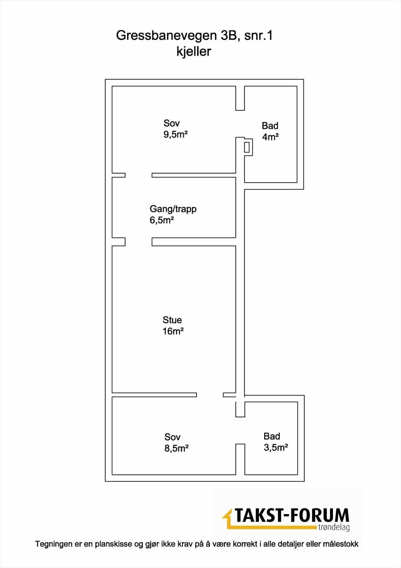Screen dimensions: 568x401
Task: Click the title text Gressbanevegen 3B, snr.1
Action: click(194, 35)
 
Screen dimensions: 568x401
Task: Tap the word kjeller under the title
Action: click(194, 51)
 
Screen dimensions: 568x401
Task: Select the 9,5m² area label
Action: click(176, 135)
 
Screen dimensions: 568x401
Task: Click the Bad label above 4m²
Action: click(270, 126)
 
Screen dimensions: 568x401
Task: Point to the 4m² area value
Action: click(270, 137)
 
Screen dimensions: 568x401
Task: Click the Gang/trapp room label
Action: click(173, 209)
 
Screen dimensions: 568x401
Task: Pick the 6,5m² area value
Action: click(162, 220)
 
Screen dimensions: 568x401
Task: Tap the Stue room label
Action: click(172, 320)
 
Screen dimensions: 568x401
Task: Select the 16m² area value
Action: click(173, 331)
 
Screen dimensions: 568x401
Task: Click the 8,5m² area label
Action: click(176, 448)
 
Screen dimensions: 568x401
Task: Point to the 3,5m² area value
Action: click(275, 447)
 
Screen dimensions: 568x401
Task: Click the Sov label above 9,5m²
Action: click(172, 123)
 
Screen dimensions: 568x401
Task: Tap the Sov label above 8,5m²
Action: click(172, 437)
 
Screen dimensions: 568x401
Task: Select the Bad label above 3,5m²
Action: click(272, 436)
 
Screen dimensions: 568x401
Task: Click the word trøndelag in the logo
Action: click(334, 527)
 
